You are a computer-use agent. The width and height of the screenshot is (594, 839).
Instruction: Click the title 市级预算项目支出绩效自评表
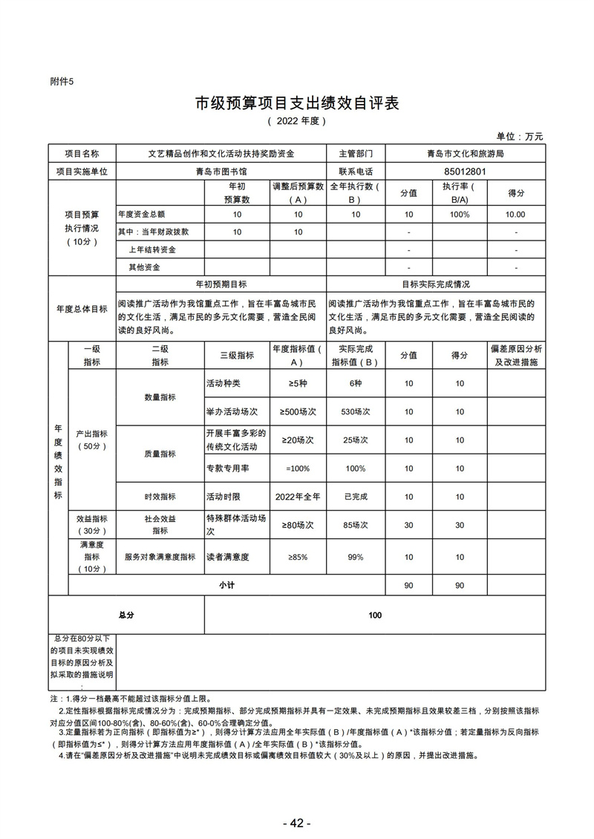coord(297,102)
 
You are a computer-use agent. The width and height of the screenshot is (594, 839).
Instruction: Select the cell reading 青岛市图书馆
coord(221,171)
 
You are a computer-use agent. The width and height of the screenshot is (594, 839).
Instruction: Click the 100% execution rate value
coord(460,214)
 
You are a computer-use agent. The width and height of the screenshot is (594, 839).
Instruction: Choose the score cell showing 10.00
coord(515,214)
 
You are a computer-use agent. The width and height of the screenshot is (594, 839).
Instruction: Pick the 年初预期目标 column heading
coord(221,284)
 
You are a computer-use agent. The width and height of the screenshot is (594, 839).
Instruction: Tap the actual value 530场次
coord(356,411)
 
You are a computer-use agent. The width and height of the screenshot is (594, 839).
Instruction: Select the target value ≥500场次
coord(298,411)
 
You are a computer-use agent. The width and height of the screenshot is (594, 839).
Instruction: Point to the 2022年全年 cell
coord(298,497)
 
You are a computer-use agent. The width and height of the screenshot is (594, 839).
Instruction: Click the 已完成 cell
coord(356,497)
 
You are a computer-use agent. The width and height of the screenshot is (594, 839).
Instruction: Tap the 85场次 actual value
coord(356,525)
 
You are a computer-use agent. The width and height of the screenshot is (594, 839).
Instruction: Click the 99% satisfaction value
coord(356,557)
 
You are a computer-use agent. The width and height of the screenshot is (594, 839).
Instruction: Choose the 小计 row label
coord(226,585)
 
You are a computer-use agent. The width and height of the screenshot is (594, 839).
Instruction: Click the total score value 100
coord(375,615)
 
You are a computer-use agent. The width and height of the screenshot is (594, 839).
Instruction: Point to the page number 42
coord(296,823)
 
